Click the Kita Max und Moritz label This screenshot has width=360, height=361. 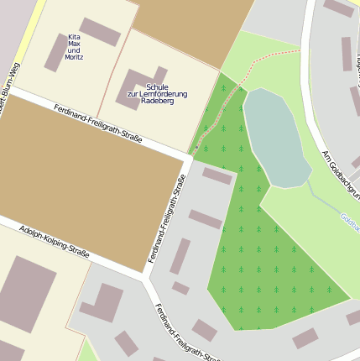coord(74,47)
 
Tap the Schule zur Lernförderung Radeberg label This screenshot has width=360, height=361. coord(157,93)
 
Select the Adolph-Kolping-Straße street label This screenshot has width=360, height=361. coord(55,240)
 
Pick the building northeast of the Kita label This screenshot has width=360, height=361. coord(100,32)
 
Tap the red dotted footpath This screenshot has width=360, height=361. coord(252,71)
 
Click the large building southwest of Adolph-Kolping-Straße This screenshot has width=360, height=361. coord(25,294)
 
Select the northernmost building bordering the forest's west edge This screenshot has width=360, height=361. coord(217,176)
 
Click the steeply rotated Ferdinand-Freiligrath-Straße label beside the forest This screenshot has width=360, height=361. coord(167,218)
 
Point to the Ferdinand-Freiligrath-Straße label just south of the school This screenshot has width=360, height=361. coord(97,123)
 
